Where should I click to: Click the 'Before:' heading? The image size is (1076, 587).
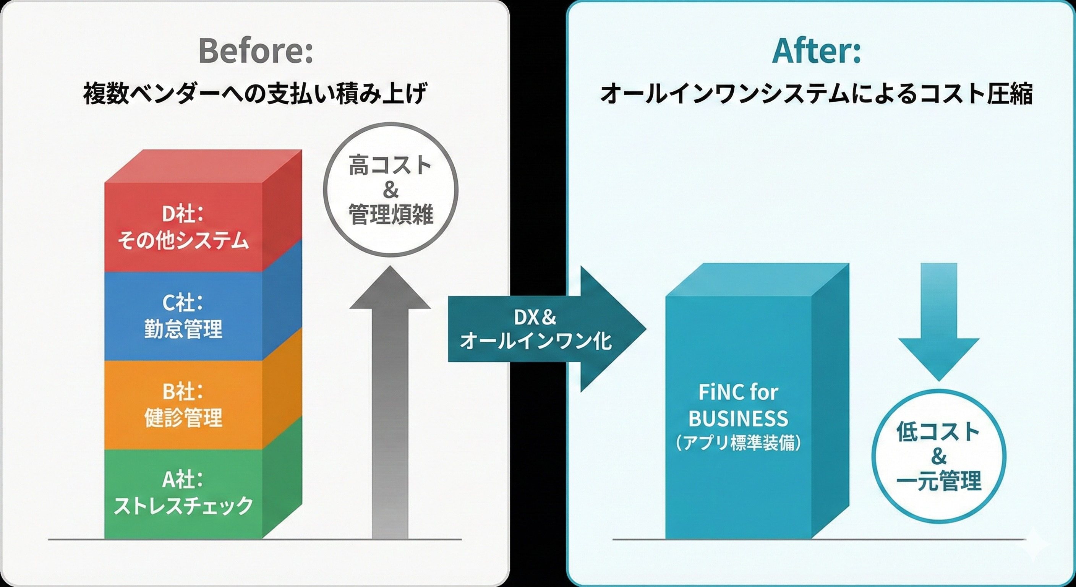tap(256, 51)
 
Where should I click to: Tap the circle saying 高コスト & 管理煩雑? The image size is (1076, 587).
tap(391, 190)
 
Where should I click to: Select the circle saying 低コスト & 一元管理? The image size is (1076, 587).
tap(938, 456)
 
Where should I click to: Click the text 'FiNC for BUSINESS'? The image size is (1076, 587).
tap(738, 405)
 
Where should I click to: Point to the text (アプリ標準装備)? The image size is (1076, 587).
tap(738, 443)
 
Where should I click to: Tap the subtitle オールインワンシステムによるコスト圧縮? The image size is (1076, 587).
tap(817, 94)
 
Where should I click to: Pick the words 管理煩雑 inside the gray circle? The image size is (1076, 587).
tap(391, 215)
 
